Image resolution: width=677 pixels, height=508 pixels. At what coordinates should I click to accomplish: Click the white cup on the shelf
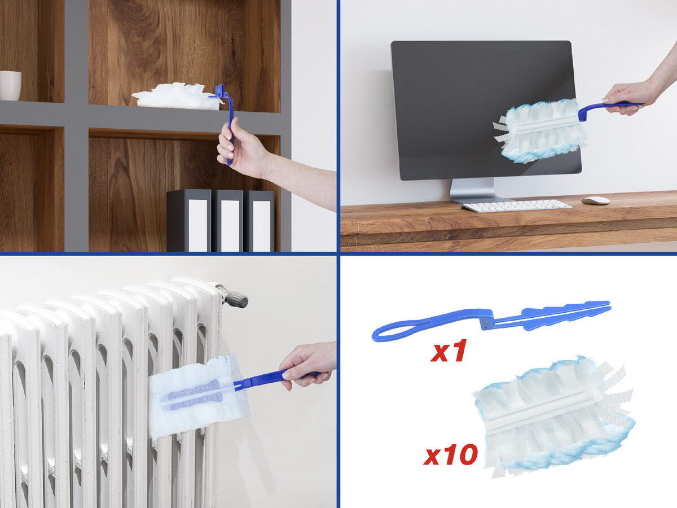tap(10, 85)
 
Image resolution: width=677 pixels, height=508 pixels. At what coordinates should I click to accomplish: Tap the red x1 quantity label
tap(448, 351)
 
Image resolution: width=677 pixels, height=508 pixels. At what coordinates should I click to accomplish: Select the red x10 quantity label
tap(450, 454)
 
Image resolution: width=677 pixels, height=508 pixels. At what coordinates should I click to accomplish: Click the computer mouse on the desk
tap(595, 200)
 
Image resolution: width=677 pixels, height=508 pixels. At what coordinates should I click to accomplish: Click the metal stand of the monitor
tap(472, 191)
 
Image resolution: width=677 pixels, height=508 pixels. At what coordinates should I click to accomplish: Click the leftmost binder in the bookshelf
tap(189, 221)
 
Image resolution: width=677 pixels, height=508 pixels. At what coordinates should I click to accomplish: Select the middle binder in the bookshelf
tap(227, 221)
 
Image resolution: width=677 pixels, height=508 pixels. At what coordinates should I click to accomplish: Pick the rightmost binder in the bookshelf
tap(259, 221)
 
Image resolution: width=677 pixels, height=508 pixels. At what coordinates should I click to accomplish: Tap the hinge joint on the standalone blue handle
tap(487, 319)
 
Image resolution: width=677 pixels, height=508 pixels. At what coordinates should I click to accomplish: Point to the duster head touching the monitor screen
tap(540, 131)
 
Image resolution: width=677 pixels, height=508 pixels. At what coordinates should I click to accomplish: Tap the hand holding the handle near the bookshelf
tap(244, 147)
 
